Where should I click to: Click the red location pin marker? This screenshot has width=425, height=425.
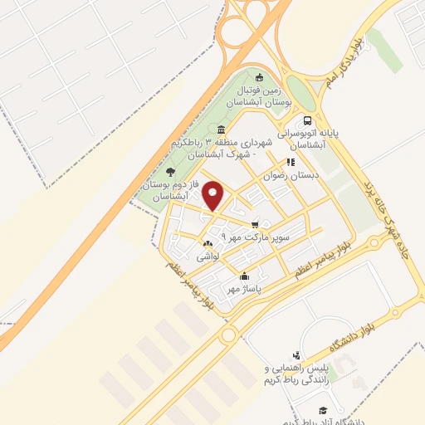214,195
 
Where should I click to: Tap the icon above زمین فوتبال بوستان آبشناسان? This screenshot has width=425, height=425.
259,77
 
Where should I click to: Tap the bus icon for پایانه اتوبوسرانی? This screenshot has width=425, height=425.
308,121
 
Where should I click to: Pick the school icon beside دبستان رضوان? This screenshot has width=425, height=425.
291,163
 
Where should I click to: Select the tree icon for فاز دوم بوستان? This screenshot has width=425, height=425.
171,171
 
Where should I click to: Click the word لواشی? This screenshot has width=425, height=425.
207,258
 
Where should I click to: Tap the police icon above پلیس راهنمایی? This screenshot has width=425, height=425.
296,355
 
